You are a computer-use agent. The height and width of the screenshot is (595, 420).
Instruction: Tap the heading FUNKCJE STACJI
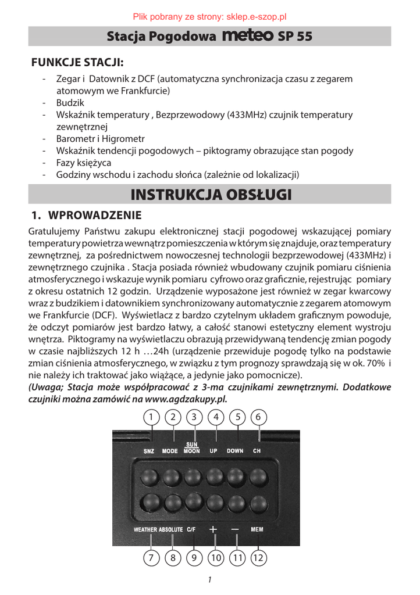click(79, 63)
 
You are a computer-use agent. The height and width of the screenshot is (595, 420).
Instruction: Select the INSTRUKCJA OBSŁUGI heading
click(210, 194)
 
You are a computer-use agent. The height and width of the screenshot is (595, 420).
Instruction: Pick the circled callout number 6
click(259, 417)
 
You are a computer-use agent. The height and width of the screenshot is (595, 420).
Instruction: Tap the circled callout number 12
click(259, 558)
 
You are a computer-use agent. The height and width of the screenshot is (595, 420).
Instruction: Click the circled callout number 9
click(194, 558)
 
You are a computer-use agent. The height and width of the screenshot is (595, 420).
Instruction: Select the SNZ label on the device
click(149, 451)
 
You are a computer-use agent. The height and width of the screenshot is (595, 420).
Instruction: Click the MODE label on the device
click(170, 451)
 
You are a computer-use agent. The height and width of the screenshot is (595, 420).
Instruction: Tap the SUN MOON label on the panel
click(192, 448)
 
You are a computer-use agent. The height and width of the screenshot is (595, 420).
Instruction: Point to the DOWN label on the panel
click(235, 451)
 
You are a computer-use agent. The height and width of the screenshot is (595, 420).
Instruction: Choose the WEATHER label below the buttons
click(145, 530)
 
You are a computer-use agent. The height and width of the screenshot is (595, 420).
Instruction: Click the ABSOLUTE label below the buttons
click(171, 530)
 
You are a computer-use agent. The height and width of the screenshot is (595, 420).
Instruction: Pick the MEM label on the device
click(257, 529)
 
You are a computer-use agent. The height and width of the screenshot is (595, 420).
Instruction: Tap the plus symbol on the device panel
click(213, 529)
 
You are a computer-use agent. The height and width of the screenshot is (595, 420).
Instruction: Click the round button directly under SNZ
click(150, 477)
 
